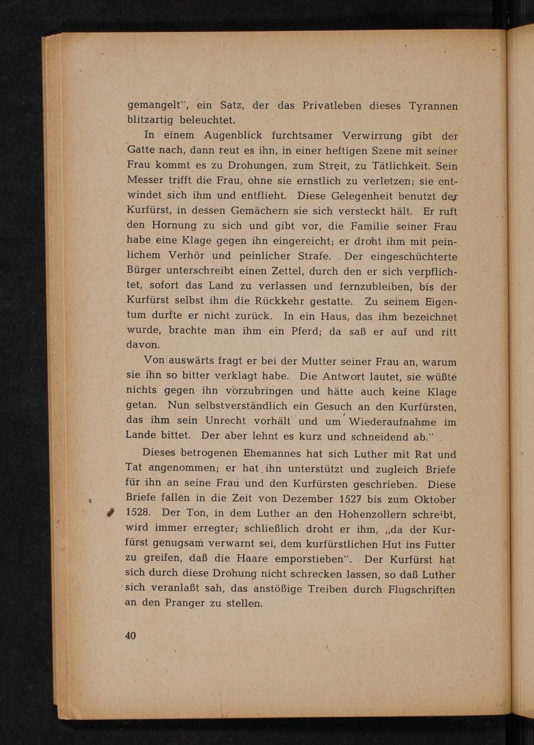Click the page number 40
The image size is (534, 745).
point(130,635)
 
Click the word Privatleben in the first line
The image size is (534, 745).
point(332,106)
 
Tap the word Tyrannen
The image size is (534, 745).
point(433,106)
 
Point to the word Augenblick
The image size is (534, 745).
point(232,136)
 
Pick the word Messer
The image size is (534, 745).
point(144,180)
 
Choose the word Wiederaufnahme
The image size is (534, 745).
point(392,422)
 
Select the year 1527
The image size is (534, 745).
point(351,500)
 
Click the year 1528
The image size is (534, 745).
point(139,513)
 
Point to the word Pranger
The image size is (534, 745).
point(185,604)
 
